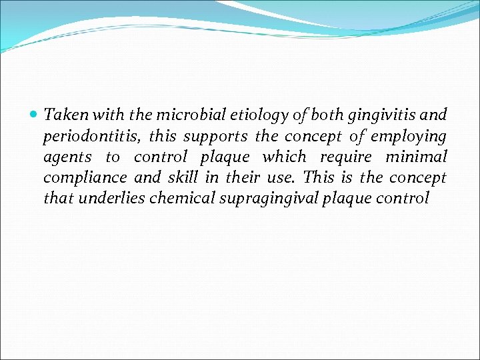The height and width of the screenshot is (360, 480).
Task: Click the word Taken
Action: pos(63,115)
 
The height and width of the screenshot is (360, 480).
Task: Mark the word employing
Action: pos(408,137)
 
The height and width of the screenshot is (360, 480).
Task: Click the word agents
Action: pos(67,157)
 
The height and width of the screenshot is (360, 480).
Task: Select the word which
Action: pos(285,157)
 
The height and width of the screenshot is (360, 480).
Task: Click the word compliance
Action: pos(85,178)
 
